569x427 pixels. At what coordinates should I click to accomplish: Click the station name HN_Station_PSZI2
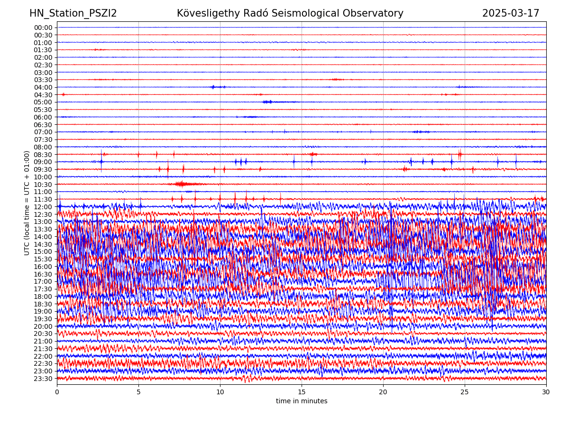[73, 13]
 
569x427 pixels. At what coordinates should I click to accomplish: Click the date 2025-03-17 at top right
[511, 13]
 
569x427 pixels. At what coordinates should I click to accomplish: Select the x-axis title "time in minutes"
[302, 401]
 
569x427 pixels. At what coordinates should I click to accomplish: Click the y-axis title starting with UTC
[27, 203]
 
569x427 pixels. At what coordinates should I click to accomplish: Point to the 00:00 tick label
[43, 28]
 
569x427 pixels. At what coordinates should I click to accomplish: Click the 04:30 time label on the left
[43, 95]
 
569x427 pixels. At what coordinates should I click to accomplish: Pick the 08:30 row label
[43, 155]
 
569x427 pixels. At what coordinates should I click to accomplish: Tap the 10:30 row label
[43, 185]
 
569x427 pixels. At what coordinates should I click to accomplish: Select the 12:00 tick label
[43, 207]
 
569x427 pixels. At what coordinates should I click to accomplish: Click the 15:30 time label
[43, 259]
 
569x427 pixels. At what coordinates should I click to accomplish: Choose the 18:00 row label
[43, 297]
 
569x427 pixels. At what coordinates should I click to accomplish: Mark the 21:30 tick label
[43, 349]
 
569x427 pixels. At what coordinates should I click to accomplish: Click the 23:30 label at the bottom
[43, 379]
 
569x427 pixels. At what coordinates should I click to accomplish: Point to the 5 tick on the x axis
[138, 392]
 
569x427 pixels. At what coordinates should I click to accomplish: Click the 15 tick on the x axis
[302, 392]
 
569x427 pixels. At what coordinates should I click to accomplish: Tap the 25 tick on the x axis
[465, 392]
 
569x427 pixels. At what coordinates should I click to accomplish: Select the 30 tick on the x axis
[546, 392]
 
